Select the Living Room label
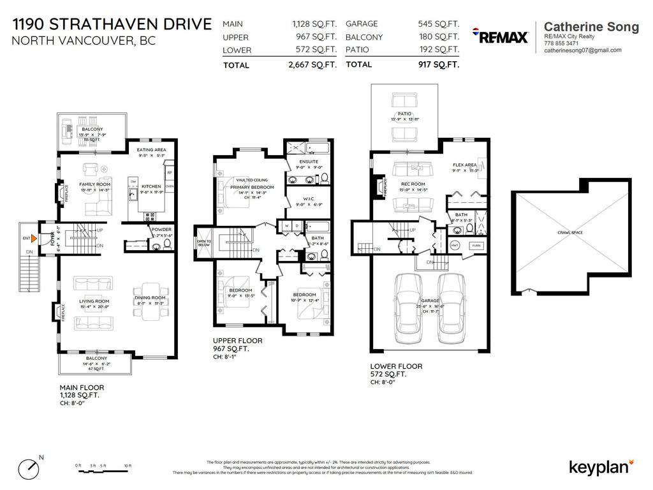94,301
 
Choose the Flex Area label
465,165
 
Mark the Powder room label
161,229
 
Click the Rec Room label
413,184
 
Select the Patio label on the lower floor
404,115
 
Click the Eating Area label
152,150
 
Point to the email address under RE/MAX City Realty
582,50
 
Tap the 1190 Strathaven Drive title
112,24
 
